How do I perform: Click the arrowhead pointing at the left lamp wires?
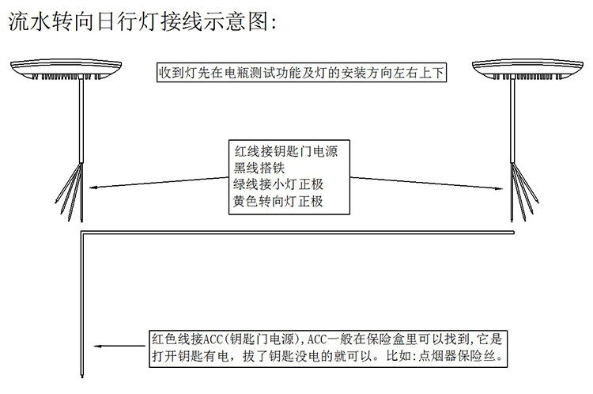(x=94, y=188)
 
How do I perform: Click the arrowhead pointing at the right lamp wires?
(x=500, y=188)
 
